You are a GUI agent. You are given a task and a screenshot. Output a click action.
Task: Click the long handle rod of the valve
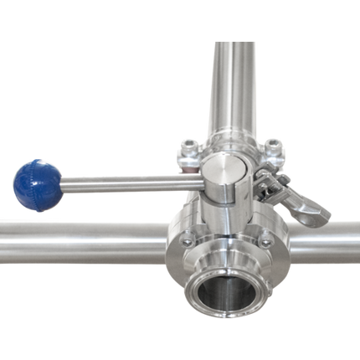coord(126,180)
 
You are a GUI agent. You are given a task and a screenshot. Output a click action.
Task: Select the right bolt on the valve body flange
coord(266,243)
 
